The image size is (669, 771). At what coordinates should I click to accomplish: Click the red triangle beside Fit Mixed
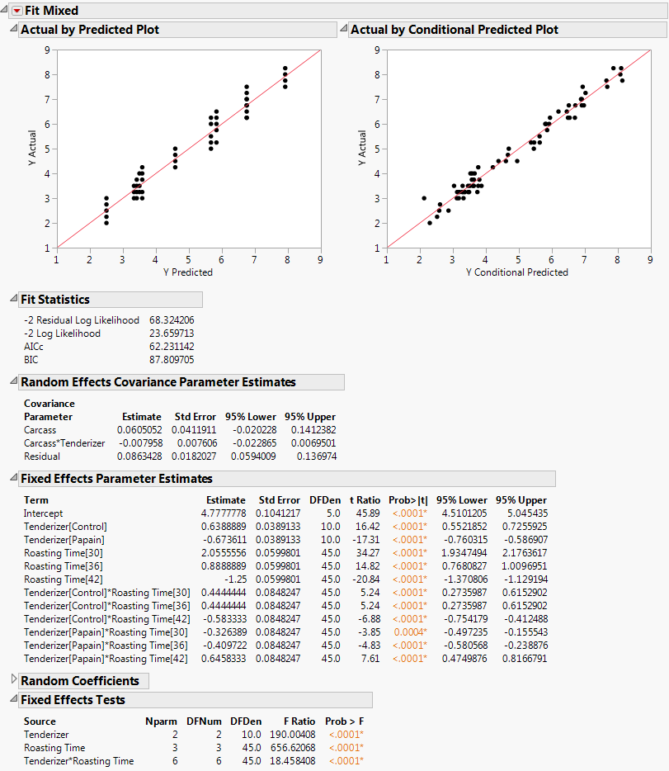tap(16, 11)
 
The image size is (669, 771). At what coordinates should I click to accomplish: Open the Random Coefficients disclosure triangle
tap(12, 681)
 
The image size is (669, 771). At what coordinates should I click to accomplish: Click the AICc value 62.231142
tap(172, 347)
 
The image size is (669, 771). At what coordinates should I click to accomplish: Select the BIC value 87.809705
tap(172, 360)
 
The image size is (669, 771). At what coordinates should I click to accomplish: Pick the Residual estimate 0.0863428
tap(141, 456)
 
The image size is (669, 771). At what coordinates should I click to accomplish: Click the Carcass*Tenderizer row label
tap(64, 442)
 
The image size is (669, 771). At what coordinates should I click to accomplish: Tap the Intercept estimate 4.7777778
tap(225, 513)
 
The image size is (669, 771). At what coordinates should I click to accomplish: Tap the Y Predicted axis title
tap(188, 272)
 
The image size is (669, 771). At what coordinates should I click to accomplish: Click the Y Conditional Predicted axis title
tap(517, 272)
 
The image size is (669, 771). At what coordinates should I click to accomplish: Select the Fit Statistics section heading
tap(55, 300)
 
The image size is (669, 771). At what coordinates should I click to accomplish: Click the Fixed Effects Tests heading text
tap(73, 700)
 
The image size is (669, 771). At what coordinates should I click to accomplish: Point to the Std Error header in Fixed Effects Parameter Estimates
tap(279, 499)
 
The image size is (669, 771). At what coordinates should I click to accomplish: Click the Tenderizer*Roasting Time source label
tap(78, 760)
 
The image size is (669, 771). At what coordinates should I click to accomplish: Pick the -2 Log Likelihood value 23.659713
tap(172, 333)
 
